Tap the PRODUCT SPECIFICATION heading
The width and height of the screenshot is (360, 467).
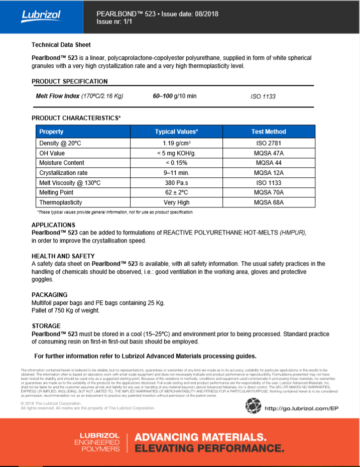point(69,81)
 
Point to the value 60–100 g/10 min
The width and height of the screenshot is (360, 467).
point(175,96)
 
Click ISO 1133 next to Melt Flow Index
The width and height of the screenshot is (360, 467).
point(263,96)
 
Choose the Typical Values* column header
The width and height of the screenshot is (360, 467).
point(176,132)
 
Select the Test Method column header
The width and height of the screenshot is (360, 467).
point(269,132)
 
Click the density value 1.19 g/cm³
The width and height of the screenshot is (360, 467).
point(176,143)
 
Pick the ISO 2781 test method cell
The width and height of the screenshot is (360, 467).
point(269,143)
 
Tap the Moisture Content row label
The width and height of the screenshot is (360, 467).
point(62,163)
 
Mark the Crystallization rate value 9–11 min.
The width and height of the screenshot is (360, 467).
point(176,173)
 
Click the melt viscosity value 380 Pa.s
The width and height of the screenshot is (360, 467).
point(176,183)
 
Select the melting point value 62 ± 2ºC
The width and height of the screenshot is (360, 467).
point(176,192)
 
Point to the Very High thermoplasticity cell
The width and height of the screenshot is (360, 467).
point(176,202)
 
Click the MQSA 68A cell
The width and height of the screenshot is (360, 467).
point(269,202)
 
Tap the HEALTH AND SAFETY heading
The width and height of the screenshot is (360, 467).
point(63,256)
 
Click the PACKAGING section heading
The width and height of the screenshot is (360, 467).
point(49,295)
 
